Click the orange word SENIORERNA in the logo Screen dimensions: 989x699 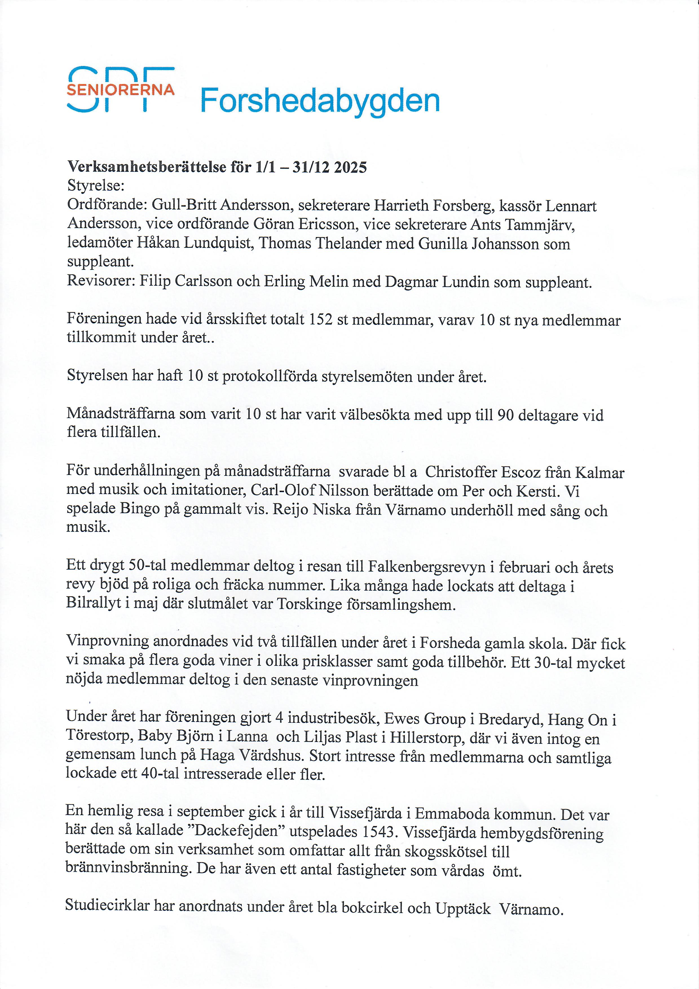pos(121,90)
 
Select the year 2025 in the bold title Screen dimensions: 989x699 pos(350,167)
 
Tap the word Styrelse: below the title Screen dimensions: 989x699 pos(96,186)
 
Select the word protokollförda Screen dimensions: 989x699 pos(269,376)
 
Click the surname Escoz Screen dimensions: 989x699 pos(520,473)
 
